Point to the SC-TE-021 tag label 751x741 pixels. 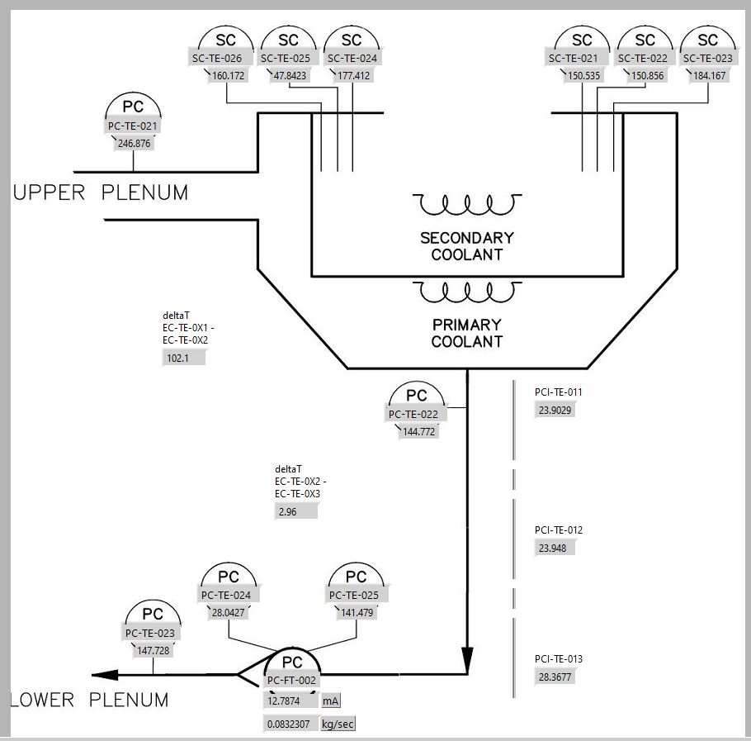[x=582, y=59]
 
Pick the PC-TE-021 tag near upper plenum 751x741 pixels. [x=133, y=126]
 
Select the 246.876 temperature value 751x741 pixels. [x=134, y=144]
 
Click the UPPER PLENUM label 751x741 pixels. [x=101, y=193]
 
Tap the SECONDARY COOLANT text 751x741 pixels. [x=467, y=246]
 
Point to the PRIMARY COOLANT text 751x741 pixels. [x=467, y=333]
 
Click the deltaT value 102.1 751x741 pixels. [x=183, y=359]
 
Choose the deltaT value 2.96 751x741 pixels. [x=295, y=512]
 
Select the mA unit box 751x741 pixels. [x=331, y=701]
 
